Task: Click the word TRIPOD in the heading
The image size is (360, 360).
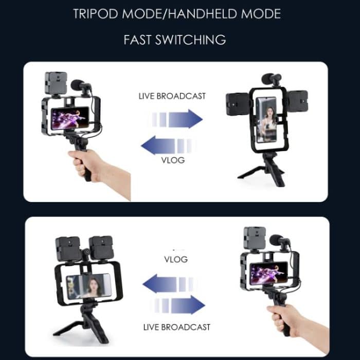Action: pos(95,13)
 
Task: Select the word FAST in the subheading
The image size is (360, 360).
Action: pos(141,40)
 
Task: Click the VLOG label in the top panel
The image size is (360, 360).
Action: pos(172,160)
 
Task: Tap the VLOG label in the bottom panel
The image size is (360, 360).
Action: pos(176,259)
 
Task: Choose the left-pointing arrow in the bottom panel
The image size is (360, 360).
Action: pos(170,283)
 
